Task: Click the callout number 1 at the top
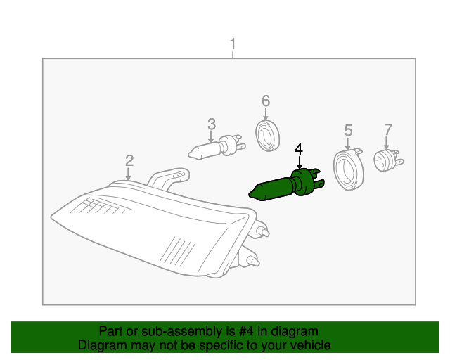pos(233,46)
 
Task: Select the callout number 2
pos(129,160)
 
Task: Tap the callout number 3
pos(212,124)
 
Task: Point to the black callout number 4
pos(299,149)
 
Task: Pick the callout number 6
pos(266,101)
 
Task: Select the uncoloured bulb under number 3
pos(215,147)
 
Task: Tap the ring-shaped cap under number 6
pos(267,135)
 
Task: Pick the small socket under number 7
pos(387,160)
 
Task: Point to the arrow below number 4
pos(299,163)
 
